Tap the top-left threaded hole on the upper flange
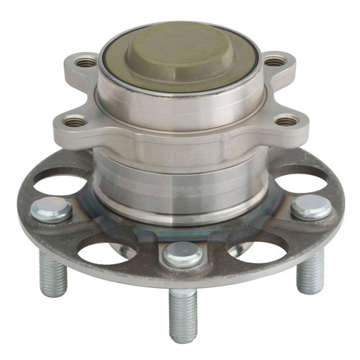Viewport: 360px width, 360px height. [86, 62]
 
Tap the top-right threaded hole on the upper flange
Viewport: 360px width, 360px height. [274, 62]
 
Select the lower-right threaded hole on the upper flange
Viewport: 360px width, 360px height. [287, 120]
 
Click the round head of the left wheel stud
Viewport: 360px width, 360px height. [51, 210]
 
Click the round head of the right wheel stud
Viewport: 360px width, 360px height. [311, 207]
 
